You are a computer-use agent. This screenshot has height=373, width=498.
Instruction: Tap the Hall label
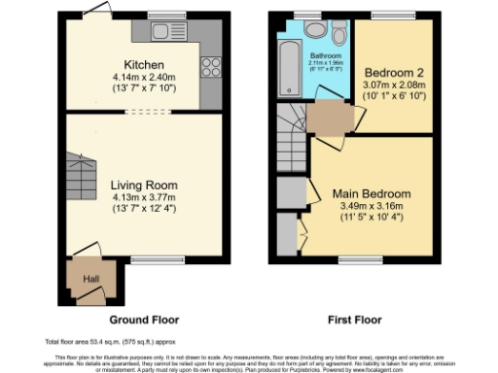click(x=91, y=279)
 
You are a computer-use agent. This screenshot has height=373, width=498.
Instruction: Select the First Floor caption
click(x=354, y=319)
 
